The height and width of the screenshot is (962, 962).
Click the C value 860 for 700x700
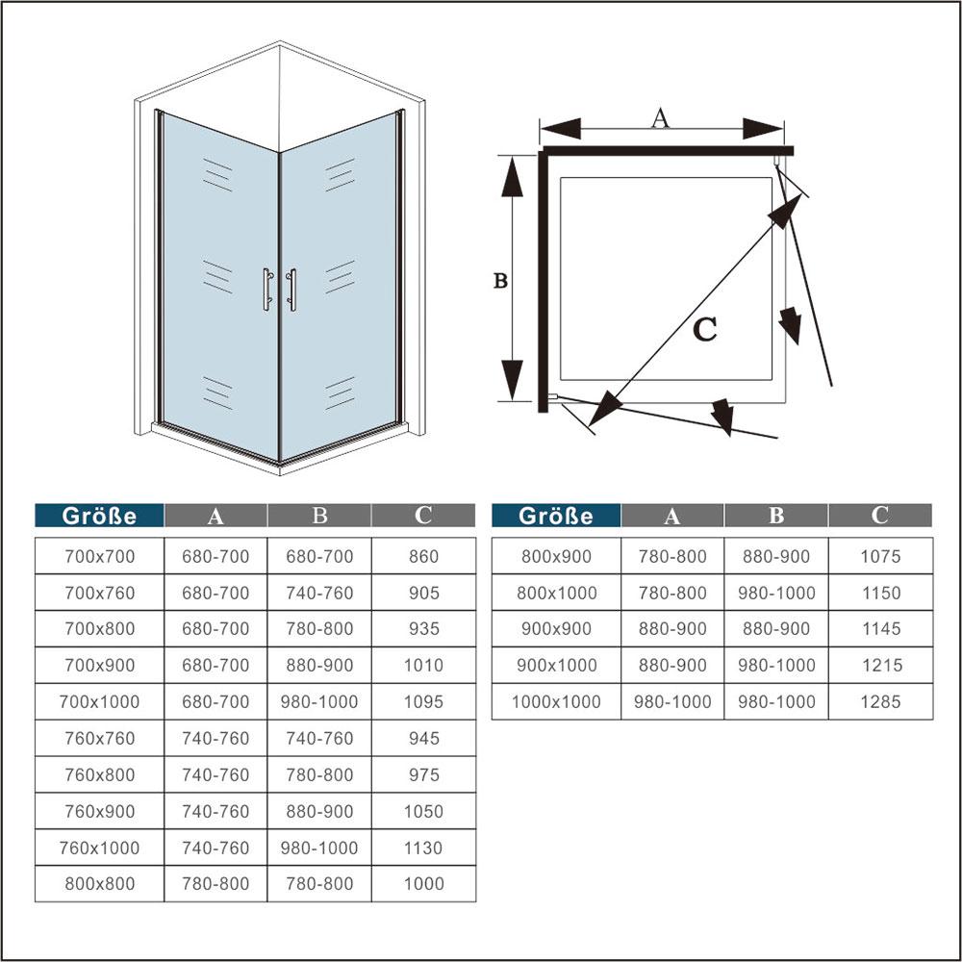423,556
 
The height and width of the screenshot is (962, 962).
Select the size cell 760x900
99,811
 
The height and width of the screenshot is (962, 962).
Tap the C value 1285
880,701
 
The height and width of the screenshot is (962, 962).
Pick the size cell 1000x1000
556,701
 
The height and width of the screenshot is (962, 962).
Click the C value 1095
423,701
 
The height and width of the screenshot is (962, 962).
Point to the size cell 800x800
99,883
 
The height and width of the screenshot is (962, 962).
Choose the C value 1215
880,665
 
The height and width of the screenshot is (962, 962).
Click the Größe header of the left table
99,516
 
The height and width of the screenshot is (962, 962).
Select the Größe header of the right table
556,516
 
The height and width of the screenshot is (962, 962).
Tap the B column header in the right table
776,516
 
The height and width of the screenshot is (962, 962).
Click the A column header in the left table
215,516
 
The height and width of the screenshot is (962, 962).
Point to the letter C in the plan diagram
705,329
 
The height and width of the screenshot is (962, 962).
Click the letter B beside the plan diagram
500,280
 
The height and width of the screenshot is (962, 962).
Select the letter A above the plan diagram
660,117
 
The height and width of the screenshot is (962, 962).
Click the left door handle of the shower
267,289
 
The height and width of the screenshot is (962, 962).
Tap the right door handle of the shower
291,290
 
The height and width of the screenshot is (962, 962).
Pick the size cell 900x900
556,628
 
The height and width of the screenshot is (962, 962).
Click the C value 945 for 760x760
423,738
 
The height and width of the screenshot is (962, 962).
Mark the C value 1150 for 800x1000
880,593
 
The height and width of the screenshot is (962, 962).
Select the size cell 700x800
99,628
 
